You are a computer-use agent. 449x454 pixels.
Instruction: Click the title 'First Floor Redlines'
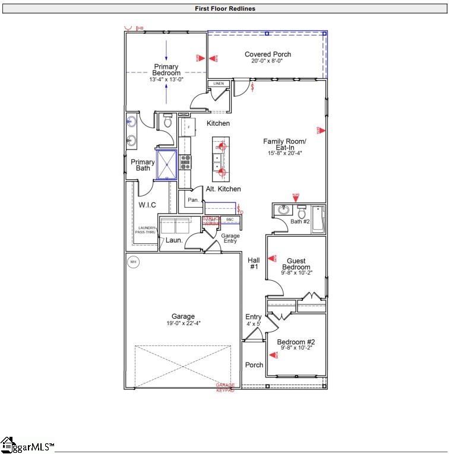(224, 9)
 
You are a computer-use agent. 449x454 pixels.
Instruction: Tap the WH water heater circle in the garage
(133, 262)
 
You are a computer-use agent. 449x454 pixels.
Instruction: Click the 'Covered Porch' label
(267, 55)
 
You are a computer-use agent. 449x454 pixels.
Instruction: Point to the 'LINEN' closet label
(219, 84)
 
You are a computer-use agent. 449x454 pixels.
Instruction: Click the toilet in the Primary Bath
(167, 122)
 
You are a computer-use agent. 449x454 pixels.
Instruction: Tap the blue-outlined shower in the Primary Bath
(166, 164)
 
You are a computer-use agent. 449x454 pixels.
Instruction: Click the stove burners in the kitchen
(185, 161)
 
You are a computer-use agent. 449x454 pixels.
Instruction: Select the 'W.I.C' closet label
(147, 205)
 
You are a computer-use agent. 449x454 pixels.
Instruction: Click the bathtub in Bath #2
(317, 218)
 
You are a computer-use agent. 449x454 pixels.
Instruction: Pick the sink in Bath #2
(283, 210)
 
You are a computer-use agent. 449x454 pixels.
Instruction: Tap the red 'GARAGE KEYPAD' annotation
(225, 388)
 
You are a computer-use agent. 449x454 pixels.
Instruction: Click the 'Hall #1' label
(254, 263)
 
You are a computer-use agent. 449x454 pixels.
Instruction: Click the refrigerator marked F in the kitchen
(188, 128)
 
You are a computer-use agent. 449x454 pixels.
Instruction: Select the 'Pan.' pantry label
(193, 201)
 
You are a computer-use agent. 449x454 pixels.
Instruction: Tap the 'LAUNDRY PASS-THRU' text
(146, 231)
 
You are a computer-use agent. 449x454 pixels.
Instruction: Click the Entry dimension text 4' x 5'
(254, 324)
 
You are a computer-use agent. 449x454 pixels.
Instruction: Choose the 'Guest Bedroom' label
(296, 264)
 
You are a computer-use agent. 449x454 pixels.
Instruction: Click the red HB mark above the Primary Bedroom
(141, 28)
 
